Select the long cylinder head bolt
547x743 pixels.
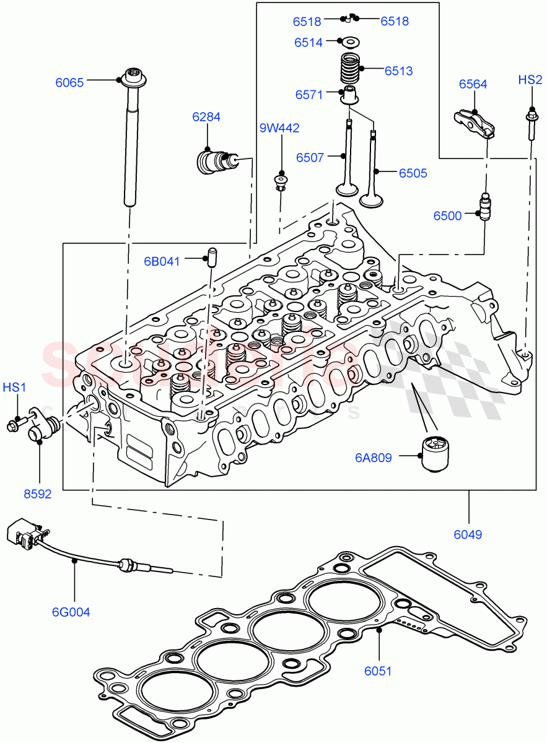point(131,142)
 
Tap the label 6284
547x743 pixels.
point(206,117)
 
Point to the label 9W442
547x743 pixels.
point(279,128)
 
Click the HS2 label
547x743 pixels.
point(530,80)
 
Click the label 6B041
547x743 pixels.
point(162,261)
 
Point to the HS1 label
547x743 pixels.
point(15,388)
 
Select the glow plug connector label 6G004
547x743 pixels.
point(71,612)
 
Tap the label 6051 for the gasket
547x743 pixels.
point(377,671)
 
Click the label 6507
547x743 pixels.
point(310,158)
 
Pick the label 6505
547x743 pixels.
point(413,173)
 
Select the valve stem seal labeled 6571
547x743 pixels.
point(351,97)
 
